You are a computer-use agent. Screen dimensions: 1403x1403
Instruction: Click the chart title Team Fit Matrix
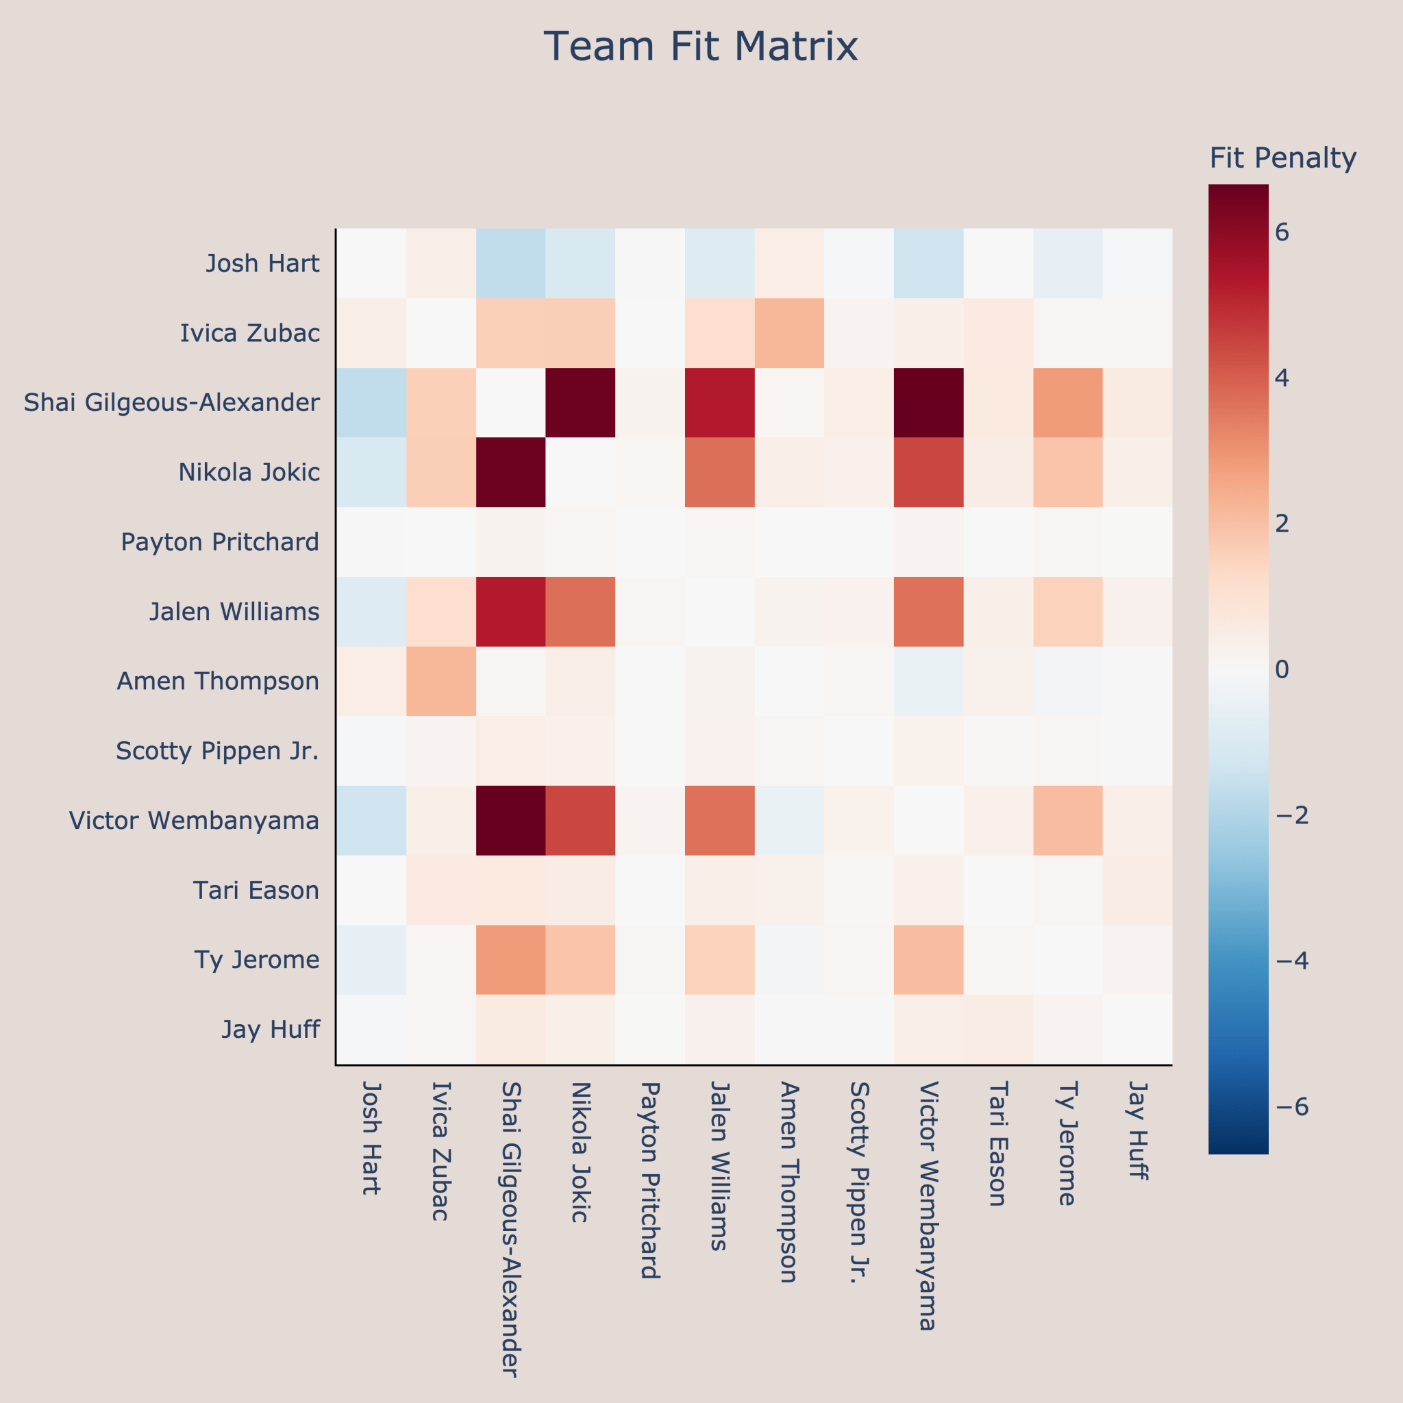click(701, 47)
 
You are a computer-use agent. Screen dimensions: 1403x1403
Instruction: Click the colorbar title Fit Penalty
click(1282, 158)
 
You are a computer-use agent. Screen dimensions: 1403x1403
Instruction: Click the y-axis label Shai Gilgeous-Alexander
click(171, 402)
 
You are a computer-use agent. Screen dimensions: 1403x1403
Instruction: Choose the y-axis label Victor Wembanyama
click(194, 821)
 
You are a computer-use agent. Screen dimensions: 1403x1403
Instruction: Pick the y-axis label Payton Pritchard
click(220, 542)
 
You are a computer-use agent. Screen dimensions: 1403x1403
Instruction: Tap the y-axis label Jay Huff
click(270, 1030)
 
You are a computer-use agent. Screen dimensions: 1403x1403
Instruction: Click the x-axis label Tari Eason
click(997, 1143)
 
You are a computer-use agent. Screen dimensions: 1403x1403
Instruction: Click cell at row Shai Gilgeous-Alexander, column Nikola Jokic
click(580, 402)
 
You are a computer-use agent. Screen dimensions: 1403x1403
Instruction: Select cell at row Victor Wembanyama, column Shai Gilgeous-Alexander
click(510, 821)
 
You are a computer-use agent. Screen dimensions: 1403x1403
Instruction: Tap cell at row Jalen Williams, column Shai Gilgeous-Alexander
click(510, 612)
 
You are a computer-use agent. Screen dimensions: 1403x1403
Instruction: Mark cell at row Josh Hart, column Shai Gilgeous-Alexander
click(510, 263)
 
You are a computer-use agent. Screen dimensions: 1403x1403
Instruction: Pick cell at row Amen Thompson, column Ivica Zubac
click(440, 681)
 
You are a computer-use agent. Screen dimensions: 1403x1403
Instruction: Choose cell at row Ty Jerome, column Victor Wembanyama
click(928, 960)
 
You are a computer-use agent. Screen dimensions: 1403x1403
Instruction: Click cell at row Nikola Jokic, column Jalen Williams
click(719, 472)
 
